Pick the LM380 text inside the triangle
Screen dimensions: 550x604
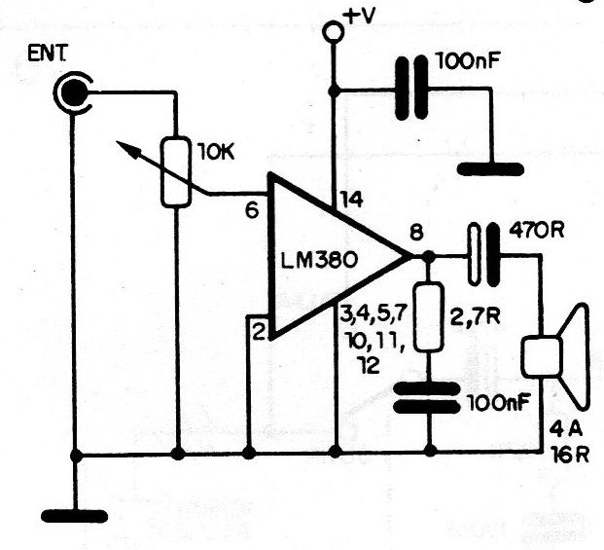tap(317, 260)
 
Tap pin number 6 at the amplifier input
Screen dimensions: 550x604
tap(252, 209)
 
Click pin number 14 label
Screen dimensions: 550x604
tap(351, 202)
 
